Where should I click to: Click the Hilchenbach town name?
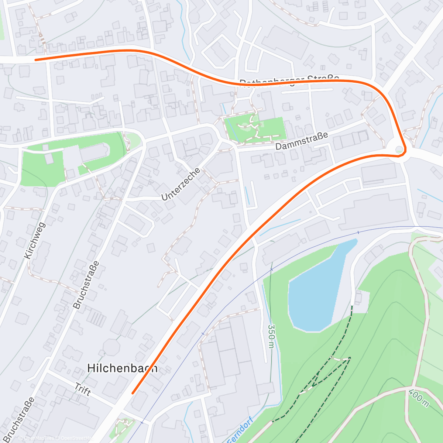(122, 368)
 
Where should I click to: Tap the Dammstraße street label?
(302, 141)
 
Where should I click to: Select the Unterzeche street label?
(181, 184)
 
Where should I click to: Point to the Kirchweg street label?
(35, 240)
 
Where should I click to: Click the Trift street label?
(83, 389)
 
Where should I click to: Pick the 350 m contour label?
(271, 336)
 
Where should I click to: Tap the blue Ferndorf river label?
(240, 430)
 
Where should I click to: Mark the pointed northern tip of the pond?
(356, 240)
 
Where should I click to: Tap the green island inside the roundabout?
(399, 150)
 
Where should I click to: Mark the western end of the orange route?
(36, 59)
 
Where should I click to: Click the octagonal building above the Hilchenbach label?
(111, 347)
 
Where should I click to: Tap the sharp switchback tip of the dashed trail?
(349, 358)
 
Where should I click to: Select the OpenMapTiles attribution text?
(38, 438)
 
